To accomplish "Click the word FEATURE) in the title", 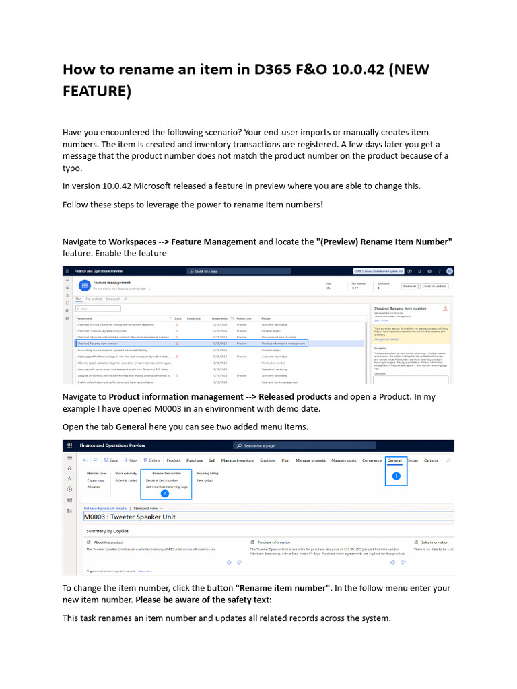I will click(x=96, y=91).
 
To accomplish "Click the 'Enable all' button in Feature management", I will click(x=409, y=286).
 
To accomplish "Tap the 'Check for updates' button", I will click(x=436, y=286).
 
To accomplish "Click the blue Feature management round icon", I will click(x=83, y=285).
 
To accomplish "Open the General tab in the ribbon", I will click(x=394, y=460).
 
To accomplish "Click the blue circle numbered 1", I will click(x=396, y=476).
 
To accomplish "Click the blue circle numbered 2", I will click(x=164, y=493).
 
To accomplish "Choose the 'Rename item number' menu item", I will click(x=162, y=480).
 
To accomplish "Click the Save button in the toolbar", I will click(x=110, y=460).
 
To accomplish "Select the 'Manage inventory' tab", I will click(x=238, y=460).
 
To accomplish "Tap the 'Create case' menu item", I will click(x=96, y=480).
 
